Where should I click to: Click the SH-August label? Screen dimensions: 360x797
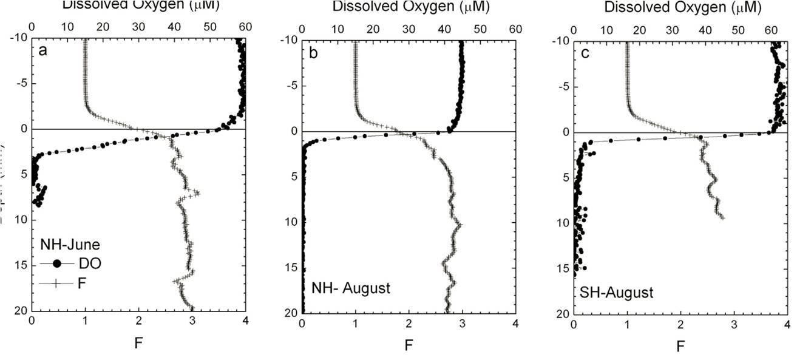pyautogui.click(x=616, y=293)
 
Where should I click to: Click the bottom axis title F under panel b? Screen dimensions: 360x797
pyautogui.click(x=409, y=346)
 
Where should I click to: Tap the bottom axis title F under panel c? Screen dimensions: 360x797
pyautogui.click(x=680, y=347)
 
